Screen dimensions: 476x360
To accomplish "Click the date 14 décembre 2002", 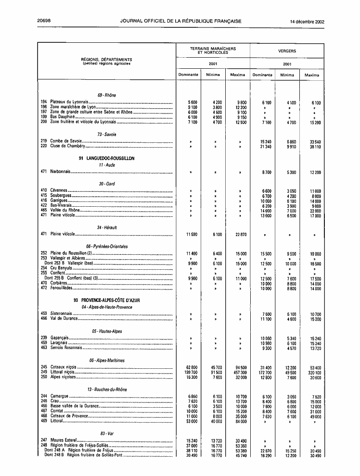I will pos(307,21).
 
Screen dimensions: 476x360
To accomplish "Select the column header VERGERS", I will pos(287,50).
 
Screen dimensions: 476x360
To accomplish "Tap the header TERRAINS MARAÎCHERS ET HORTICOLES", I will pos(213,50).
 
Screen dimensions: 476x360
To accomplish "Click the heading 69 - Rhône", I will pos(106,95).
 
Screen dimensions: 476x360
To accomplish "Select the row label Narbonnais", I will pos(60,172).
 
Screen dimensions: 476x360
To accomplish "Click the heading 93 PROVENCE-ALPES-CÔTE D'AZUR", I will pos(106,301).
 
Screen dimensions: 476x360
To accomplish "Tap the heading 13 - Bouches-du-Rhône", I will pos(106,389).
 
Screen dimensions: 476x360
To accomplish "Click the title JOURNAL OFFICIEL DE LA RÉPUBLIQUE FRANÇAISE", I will pos(180,21).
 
